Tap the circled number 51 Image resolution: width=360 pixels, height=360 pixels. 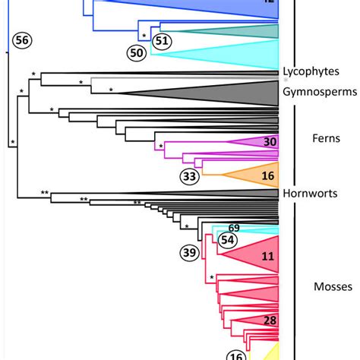161,41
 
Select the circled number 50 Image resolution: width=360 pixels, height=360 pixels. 137,52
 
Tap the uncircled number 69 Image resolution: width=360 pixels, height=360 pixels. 234,228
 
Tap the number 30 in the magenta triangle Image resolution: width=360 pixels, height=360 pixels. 269,142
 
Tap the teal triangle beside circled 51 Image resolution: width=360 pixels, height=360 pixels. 251,31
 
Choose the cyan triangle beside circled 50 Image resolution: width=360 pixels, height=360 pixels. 243,54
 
